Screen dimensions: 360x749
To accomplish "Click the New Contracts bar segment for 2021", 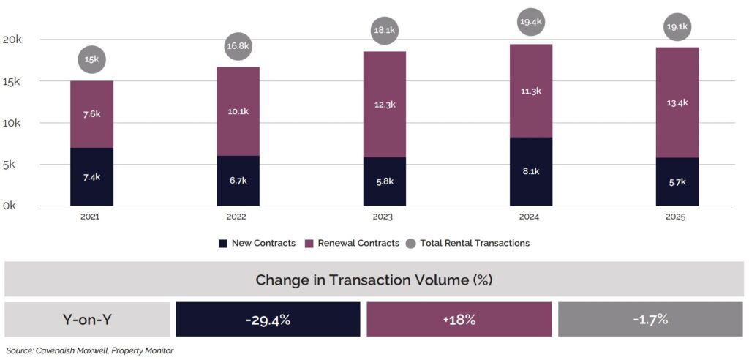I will (x=91, y=177).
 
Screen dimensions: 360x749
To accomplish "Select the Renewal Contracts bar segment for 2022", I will (x=238, y=111).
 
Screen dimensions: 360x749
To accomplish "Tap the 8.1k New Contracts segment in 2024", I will (x=531, y=171).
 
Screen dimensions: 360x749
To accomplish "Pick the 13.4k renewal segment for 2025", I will (x=677, y=102).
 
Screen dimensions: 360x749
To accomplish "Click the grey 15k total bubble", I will (x=91, y=59).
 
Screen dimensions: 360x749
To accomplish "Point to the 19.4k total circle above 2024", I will (x=531, y=23).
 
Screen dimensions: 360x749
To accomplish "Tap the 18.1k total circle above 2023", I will (x=384, y=31).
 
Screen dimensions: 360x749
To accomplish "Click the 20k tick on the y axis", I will (x=12, y=40).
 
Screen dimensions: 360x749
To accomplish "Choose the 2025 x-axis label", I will (x=677, y=217).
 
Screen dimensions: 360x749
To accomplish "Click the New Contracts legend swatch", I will (x=223, y=243).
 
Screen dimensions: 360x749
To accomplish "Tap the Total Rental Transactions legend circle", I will (x=411, y=243).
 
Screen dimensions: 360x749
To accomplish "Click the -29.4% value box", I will (x=268, y=320).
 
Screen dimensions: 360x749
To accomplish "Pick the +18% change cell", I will (x=459, y=320).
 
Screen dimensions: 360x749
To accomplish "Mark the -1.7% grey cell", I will (x=650, y=320).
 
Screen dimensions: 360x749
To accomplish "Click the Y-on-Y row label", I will (x=88, y=320).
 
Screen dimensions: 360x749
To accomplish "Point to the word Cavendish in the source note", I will (x=61, y=350).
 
